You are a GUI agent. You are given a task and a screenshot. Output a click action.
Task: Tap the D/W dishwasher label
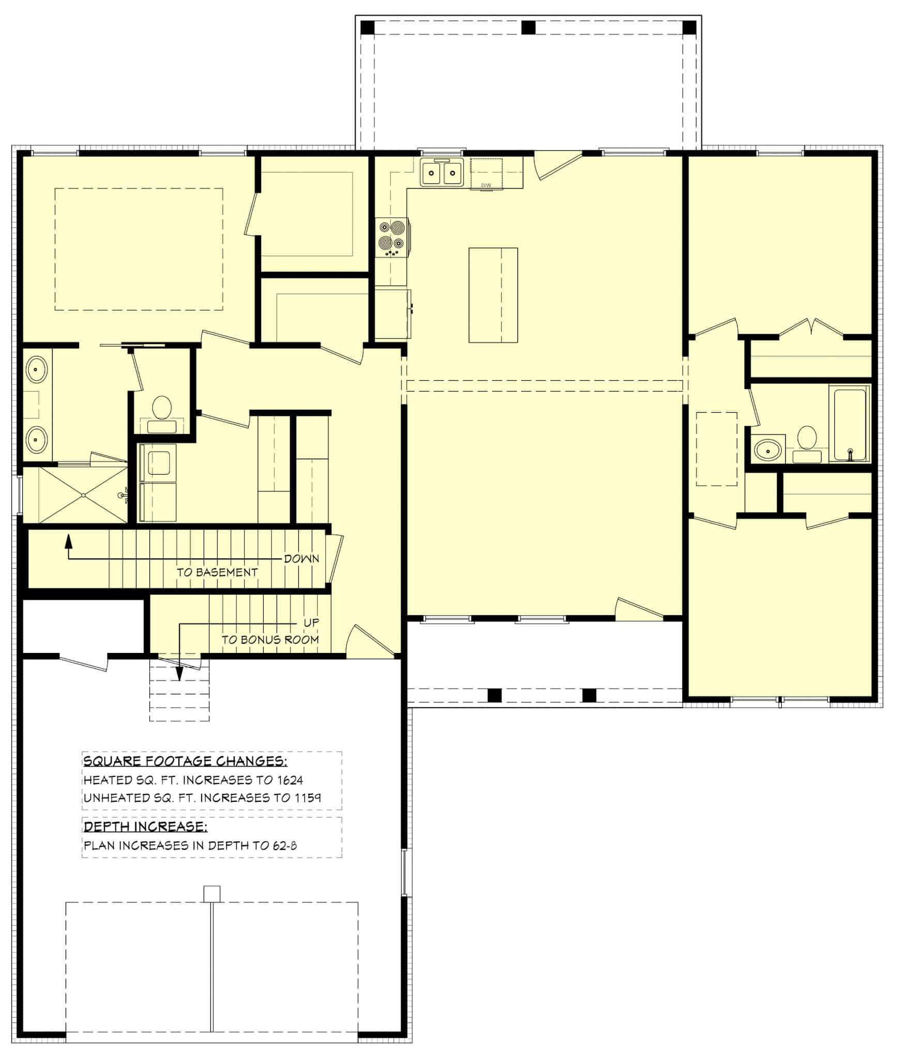tap(486, 185)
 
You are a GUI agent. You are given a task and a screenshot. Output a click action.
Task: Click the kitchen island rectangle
tap(493, 295)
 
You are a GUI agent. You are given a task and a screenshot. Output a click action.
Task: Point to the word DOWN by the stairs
tap(301, 559)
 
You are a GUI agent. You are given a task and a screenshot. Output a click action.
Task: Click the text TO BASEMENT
tap(217, 572)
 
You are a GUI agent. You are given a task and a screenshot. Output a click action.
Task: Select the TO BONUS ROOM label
tap(270, 640)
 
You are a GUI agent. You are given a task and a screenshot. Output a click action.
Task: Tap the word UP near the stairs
tap(311, 623)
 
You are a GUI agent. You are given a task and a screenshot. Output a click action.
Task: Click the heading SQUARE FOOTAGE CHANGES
tap(185, 761)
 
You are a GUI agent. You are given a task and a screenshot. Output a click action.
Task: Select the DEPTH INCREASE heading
tap(145, 827)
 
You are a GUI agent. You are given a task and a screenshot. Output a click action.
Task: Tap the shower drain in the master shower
tap(83, 495)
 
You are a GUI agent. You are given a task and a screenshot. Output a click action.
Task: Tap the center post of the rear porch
tap(528, 27)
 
